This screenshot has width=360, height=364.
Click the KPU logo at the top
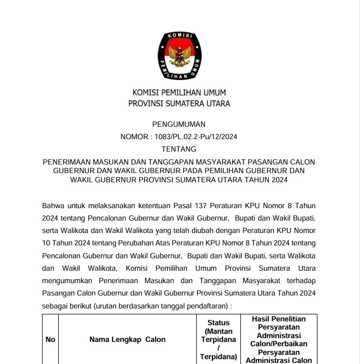coord(179,55)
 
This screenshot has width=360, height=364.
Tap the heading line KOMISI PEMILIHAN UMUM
coord(179,93)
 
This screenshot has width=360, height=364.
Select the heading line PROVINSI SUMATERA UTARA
coord(179,104)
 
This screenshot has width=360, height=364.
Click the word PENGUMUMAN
coord(179,124)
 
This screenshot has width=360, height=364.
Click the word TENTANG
coord(179,149)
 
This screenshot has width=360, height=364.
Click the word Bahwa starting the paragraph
coord(52,205)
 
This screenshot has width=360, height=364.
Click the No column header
coord(50,339)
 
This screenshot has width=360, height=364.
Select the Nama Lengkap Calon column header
coord(127,339)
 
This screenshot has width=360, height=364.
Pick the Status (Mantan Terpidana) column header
coord(218,339)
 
